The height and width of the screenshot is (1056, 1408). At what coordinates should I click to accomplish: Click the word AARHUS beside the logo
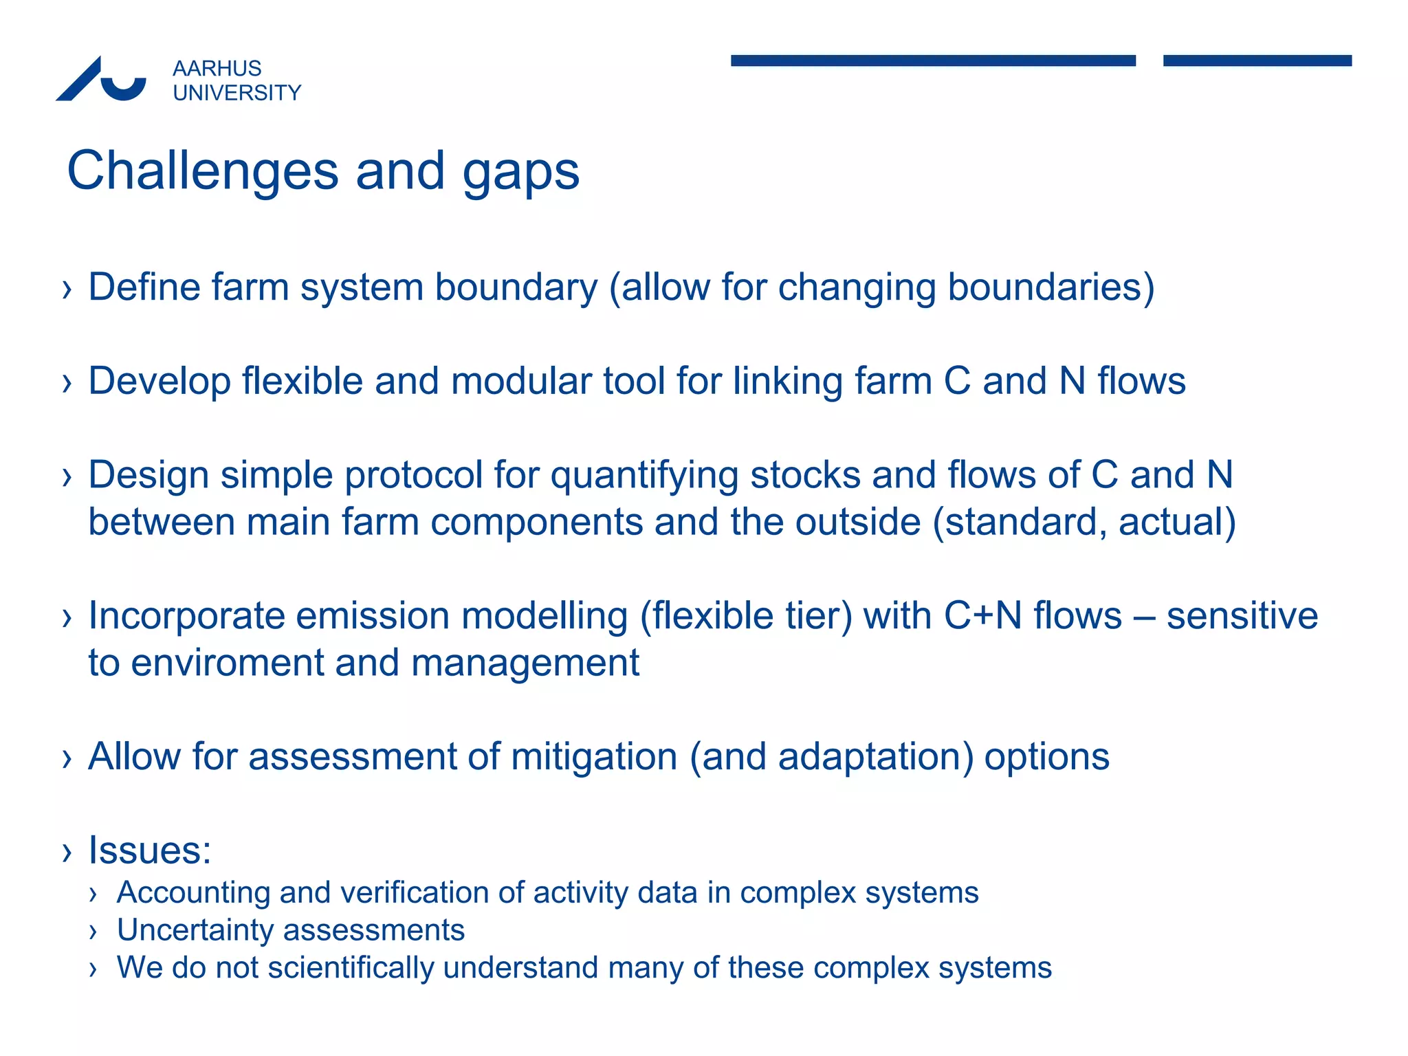(217, 69)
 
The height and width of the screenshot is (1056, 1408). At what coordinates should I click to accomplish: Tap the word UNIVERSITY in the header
(236, 93)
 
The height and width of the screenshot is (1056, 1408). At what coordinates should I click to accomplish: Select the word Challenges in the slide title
(202, 171)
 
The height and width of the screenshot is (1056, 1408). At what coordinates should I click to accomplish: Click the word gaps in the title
(520, 173)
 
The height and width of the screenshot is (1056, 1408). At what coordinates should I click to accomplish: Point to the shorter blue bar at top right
(1257, 60)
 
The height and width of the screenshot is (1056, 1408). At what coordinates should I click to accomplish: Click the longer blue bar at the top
(932, 60)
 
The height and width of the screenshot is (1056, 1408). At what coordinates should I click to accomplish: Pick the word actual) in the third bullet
(1176, 522)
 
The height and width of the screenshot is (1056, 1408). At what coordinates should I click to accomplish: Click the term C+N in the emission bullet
(983, 616)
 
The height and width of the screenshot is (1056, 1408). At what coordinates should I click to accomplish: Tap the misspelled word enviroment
(227, 663)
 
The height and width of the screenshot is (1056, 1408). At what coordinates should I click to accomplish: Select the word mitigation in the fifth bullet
(594, 758)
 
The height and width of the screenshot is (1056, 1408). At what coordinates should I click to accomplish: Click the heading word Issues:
(149, 850)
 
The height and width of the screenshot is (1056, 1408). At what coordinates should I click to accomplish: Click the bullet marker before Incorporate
(67, 617)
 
